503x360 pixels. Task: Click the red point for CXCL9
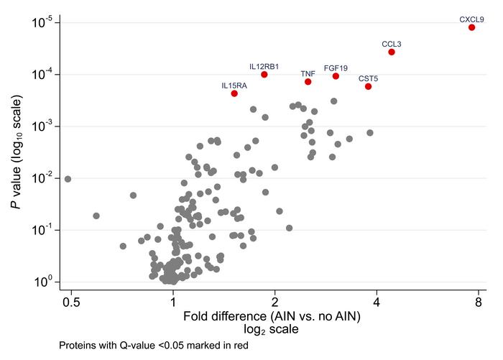tap(471, 27)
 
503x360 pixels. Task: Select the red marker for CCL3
tap(392, 52)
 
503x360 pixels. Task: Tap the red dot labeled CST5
tap(368, 86)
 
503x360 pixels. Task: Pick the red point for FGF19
tap(336, 76)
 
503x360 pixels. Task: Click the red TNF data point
tap(308, 82)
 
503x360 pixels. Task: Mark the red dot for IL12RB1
tap(264, 74)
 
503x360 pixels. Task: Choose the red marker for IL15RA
tap(234, 93)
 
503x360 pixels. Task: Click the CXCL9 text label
tap(471, 19)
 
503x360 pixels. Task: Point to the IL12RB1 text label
tap(264, 66)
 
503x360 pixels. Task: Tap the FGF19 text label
tap(336, 68)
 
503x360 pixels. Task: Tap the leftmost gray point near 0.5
tap(68, 179)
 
